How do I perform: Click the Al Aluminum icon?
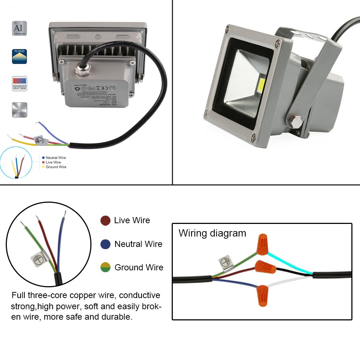click(19, 28)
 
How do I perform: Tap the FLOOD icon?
click(19, 57)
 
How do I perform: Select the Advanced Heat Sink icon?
click(19, 84)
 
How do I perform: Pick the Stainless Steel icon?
click(19, 110)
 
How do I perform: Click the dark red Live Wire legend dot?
click(105, 221)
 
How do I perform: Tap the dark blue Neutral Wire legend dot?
click(105, 244)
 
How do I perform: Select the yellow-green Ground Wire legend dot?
click(105, 268)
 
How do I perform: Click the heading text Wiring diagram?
click(212, 233)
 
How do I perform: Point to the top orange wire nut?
click(263, 244)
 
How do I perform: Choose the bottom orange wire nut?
click(262, 294)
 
